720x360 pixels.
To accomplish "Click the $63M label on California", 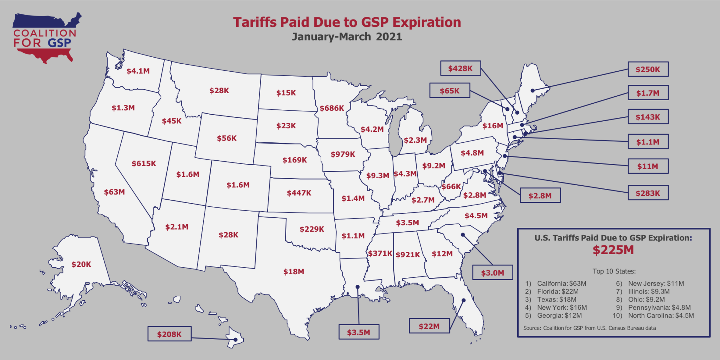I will pyautogui.click(x=114, y=192).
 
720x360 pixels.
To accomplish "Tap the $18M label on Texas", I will pyautogui.click(x=294, y=271).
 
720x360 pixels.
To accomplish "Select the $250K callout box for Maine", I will pyautogui.click(x=648, y=69).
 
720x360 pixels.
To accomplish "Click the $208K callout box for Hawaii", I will pyautogui.click(x=169, y=334).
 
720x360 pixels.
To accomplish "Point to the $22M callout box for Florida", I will pyautogui.click(x=429, y=326).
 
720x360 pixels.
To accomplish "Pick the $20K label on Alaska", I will pyautogui.click(x=81, y=264).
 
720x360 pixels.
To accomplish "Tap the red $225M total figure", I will pyautogui.click(x=613, y=250).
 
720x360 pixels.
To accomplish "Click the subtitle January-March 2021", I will pyautogui.click(x=347, y=37).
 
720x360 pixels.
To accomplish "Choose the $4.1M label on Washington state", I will pyautogui.click(x=138, y=71).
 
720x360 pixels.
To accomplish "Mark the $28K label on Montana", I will pyautogui.click(x=219, y=91).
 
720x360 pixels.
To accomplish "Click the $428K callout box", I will pyautogui.click(x=460, y=68).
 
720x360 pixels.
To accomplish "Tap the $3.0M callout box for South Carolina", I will pyautogui.click(x=492, y=272).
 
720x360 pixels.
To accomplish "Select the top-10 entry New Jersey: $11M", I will pyautogui.click(x=656, y=283).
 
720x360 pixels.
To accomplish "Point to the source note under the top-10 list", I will pyautogui.click(x=589, y=328).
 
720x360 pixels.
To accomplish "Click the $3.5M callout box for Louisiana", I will pyautogui.click(x=359, y=332).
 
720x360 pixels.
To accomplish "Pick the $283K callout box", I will pyautogui.click(x=648, y=193).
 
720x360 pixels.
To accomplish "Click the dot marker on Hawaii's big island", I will pyautogui.click(x=236, y=340).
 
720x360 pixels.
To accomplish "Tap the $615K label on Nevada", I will pyautogui.click(x=144, y=163).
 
